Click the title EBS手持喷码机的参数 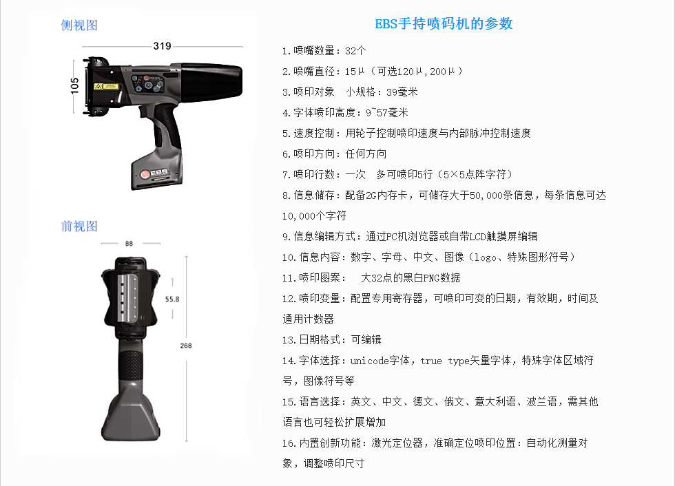[x=444, y=23]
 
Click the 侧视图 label [x=79, y=25]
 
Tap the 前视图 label [x=79, y=226]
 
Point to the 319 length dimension [x=163, y=46]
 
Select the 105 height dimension [x=75, y=86]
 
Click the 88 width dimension [x=129, y=244]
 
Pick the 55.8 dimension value [x=172, y=299]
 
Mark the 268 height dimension [x=186, y=346]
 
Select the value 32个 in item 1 [x=355, y=51]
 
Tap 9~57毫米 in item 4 [x=387, y=113]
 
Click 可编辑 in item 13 [x=366, y=340]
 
